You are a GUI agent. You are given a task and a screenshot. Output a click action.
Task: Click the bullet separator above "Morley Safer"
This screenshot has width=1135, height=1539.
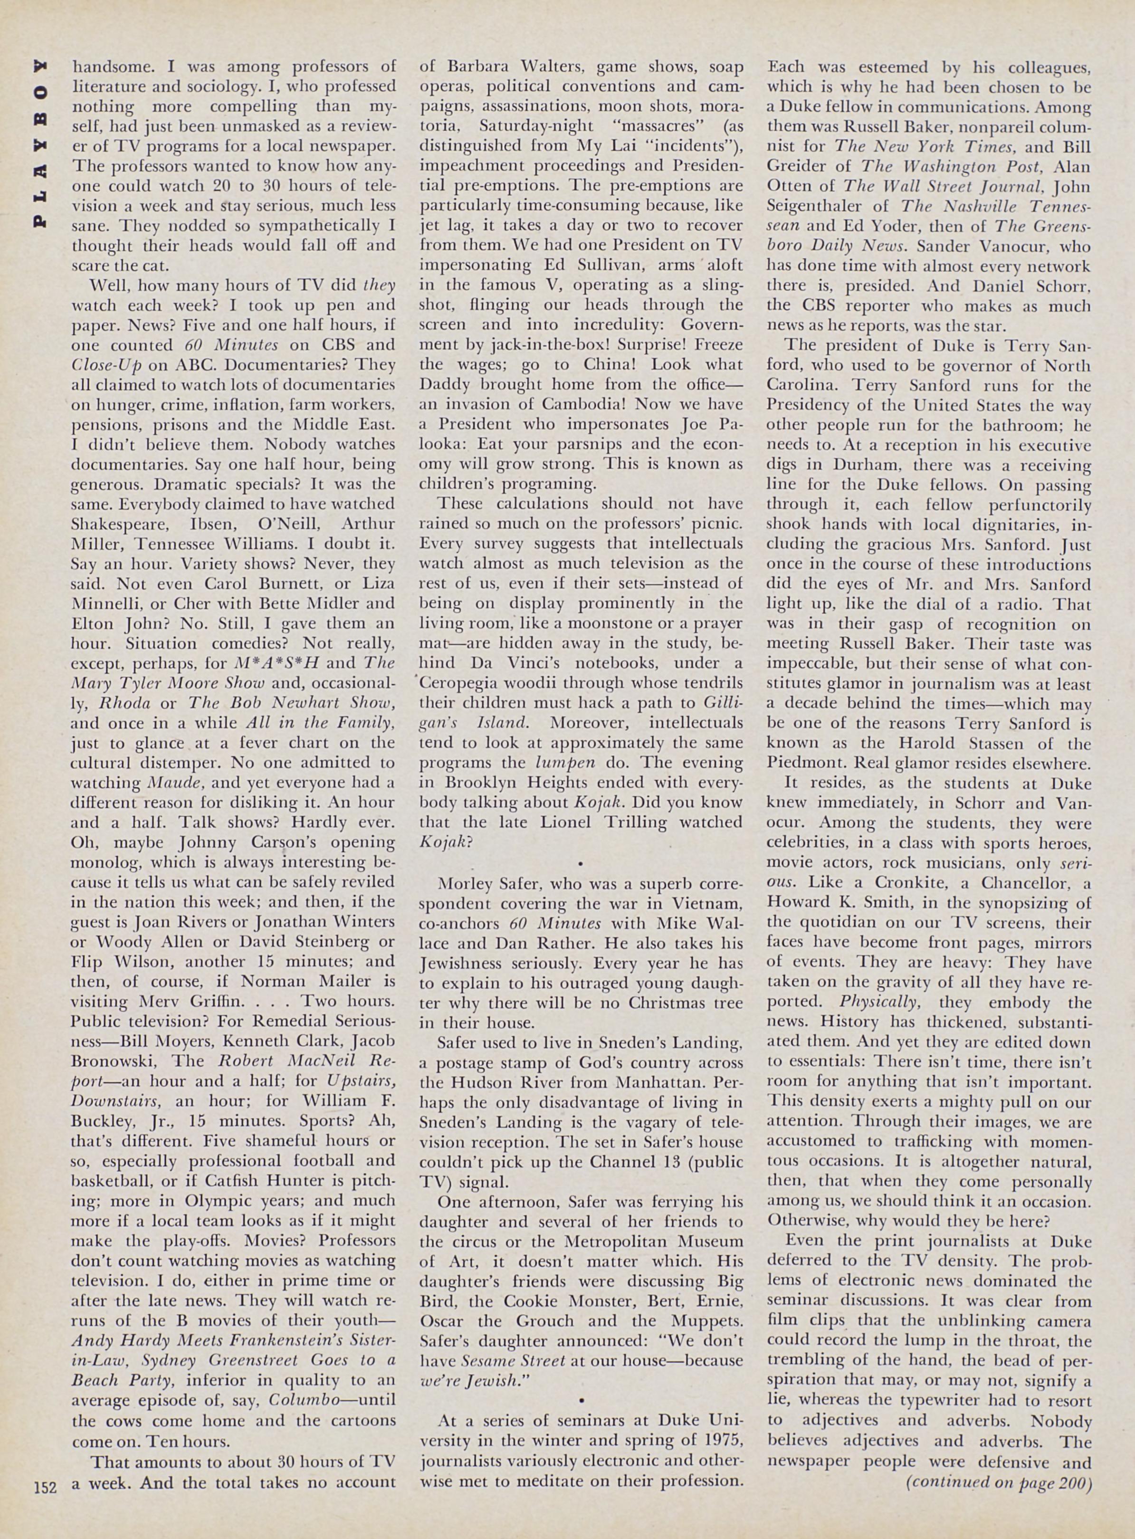[x=581, y=862]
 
